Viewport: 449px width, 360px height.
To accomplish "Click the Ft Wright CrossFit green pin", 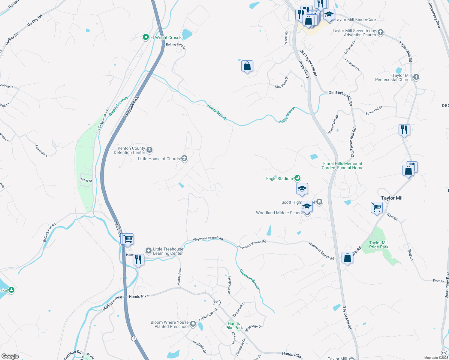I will (x=146, y=37).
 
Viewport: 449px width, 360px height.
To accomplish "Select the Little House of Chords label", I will (x=159, y=159).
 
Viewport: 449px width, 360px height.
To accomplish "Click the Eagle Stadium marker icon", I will (x=297, y=178).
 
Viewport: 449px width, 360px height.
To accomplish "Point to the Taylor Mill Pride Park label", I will (x=379, y=245).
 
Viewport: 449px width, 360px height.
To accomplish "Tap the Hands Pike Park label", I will (x=234, y=325).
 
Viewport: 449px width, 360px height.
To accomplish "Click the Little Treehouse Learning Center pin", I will (x=148, y=250).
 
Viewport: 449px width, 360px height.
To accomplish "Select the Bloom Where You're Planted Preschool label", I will (x=170, y=324).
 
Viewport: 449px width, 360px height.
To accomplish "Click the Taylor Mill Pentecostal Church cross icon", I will (x=416, y=77).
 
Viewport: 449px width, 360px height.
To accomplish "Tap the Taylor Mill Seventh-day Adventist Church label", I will (x=354, y=33).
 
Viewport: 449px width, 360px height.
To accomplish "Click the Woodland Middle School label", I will (x=279, y=213).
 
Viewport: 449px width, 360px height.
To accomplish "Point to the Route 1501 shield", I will (x=216, y=302).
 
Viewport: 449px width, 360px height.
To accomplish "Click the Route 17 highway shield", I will (x=134, y=338).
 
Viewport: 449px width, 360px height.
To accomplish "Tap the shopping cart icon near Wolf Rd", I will (x=377, y=207).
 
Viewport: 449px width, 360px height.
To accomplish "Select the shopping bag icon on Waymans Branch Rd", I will (x=347, y=257).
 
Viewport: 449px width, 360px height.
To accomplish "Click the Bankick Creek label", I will (x=118, y=106).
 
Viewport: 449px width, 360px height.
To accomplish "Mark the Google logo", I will (x=10, y=356).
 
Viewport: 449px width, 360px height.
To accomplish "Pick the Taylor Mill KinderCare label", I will (x=355, y=19).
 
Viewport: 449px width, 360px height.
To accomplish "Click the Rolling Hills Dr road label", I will (x=176, y=45).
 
